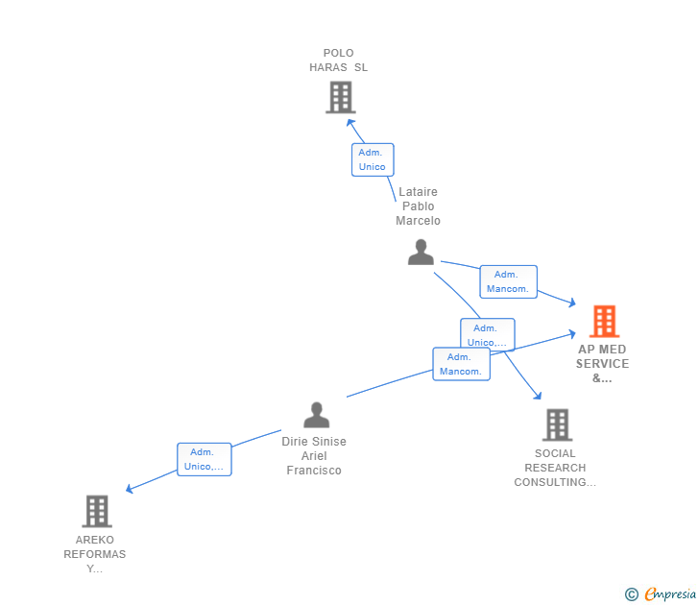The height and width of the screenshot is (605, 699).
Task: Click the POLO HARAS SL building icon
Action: [340, 97]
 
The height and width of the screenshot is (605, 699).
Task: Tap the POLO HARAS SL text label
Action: [338, 60]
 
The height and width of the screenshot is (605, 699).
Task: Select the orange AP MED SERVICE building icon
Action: [604, 322]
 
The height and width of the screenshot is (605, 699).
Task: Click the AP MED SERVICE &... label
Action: [602, 364]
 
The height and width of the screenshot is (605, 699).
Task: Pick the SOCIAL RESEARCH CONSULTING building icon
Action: [557, 424]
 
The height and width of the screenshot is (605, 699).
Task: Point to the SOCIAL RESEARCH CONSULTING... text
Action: [555, 468]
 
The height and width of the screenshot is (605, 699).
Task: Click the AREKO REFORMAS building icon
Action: [96, 511]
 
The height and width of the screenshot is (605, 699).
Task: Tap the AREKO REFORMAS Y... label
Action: [95, 554]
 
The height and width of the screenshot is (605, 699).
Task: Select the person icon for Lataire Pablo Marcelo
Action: [421, 252]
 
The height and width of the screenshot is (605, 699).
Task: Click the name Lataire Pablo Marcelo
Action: [418, 206]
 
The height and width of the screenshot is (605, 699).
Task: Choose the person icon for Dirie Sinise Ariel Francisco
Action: [316, 415]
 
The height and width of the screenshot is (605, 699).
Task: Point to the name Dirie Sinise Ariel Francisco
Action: [314, 456]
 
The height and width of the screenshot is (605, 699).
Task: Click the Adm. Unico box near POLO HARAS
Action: [373, 159]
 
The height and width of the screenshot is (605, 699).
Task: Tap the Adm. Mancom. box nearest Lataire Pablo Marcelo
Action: [508, 281]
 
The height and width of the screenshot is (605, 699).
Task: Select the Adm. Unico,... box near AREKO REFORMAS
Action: [204, 459]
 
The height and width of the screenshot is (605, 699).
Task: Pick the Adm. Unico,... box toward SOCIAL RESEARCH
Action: [487, 334]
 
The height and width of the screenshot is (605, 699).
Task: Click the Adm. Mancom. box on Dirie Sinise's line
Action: [461, 364]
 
